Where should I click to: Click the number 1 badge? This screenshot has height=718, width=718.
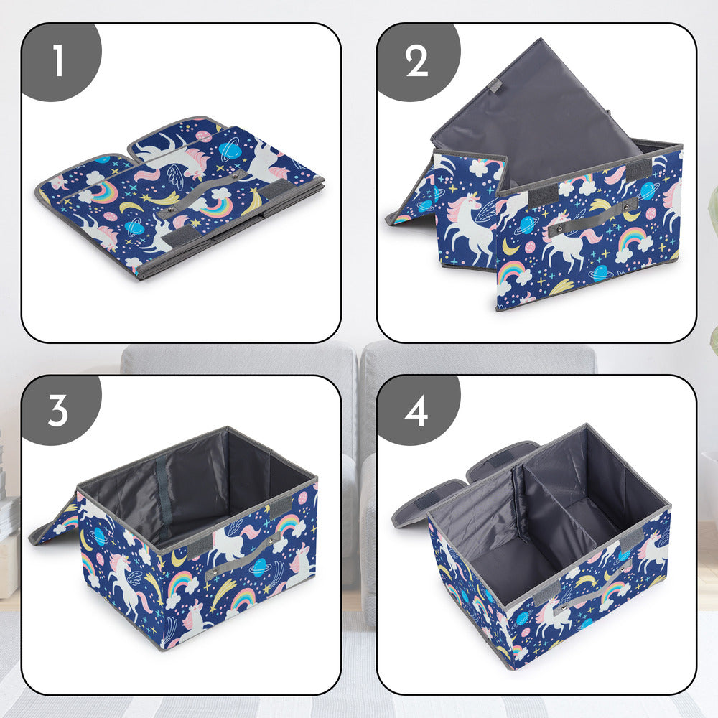click(x=58, y=61)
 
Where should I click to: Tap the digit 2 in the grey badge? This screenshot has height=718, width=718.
click(x=416, y=62)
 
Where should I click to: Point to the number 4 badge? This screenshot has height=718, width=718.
click(x=416, y=411)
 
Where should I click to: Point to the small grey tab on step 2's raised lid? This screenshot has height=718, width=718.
click(x=495, y=85)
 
